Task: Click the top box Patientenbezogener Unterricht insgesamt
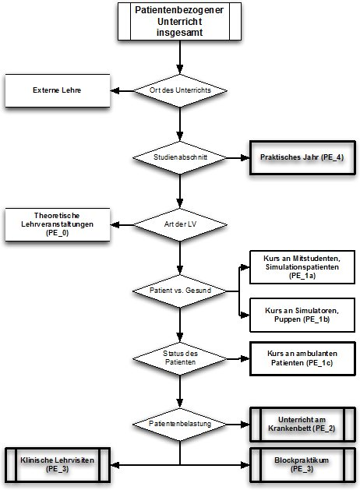pyautogui.click(x=179, y=21)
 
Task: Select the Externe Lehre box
pyautogui.click(x=58, y=90)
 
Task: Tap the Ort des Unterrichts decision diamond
pyautogui.click(x=180, y=90)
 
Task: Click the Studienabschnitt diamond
pyautogui.click(x=180, y=157)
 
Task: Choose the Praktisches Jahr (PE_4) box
pyautogui.click(x=302, y=157)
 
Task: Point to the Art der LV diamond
pyautogui.click(x=180, y=224)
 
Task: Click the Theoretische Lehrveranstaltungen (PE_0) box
pyautogui.click(x=58, y=224)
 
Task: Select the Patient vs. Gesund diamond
pyautogui.click(x=180, y=291)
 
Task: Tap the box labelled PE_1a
pyautogui.click(x=302, y=267)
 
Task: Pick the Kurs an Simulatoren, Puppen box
pyautogui.click(x=302, y=315)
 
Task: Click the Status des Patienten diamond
pyautogui.click(x=180, y=358)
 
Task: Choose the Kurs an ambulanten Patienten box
pyautogui.click(x=302, y=359)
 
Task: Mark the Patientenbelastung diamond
pyautogui.click(x=180, y=425)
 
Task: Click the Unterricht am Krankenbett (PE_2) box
pyautogui.click(x=302, y=425)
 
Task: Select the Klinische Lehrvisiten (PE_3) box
pyautogui.click(x=58, y=465)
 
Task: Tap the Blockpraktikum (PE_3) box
pyautogui.click(x=302, y=465)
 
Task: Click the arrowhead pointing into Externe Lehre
pyautogui.click(x=115, y=91)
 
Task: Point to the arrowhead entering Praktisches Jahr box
pyautogui.click(x=245, y=158)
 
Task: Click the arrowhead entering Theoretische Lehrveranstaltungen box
pyautogui.click(x=115, y=224)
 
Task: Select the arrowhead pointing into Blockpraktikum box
pyautogui.click(x=245, y=465)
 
